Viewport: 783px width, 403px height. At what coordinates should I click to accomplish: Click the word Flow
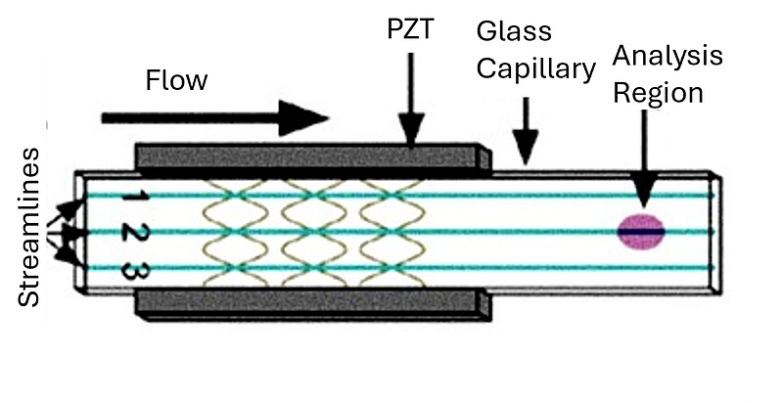pyautogui.click(x=176, y=80)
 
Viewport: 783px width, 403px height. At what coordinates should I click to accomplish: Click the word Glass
pyautogui.click(x=514, y=31)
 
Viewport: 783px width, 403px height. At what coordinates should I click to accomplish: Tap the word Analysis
pyautogui.click(x=667, y=56)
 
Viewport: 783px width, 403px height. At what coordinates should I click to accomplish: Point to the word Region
pyautogui.click(x=658, y=94)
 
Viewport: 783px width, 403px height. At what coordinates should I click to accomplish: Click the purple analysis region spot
pyautogui.click(x=641, y=232)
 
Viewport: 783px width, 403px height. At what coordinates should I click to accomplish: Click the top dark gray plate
pyautogui.click(x=303, y=156)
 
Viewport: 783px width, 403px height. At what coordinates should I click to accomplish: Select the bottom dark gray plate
pyautogui.click(x=303, y=304)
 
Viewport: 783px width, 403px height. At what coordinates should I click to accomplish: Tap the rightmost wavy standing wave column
pyautogui.click(x=391, y=232)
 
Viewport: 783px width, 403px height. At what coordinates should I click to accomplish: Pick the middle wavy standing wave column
pyautogui.click(x=313, y=232)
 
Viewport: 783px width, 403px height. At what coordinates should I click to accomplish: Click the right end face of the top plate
pyautogui.click(x=484, y=157)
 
